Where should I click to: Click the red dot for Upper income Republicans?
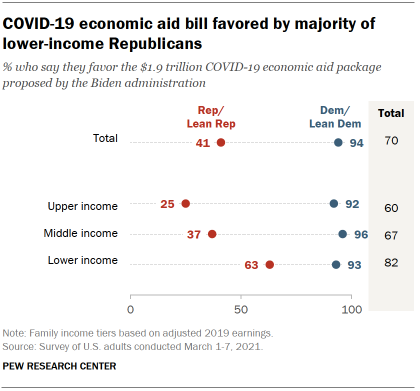(185, 203)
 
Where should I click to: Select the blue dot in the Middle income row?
(342, 234)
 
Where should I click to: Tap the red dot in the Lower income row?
(269, 264)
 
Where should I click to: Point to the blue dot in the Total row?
(338, 142)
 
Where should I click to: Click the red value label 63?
(251, 265)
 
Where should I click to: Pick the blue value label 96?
(361, 234)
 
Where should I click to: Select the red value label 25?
(167, 204)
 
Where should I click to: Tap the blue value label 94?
(356, 143)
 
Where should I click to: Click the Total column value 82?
(391, 262)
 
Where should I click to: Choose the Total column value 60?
(391, 208)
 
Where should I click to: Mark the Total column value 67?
(391, 235)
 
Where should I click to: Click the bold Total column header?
(391, 113)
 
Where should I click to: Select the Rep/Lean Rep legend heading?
(210, 117)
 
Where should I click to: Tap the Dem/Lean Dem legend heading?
(334, 117)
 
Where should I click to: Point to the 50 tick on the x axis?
(241, 309)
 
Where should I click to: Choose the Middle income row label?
(80, 233)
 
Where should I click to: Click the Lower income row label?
(82, 260)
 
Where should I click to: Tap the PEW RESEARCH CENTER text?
(59, 366)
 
